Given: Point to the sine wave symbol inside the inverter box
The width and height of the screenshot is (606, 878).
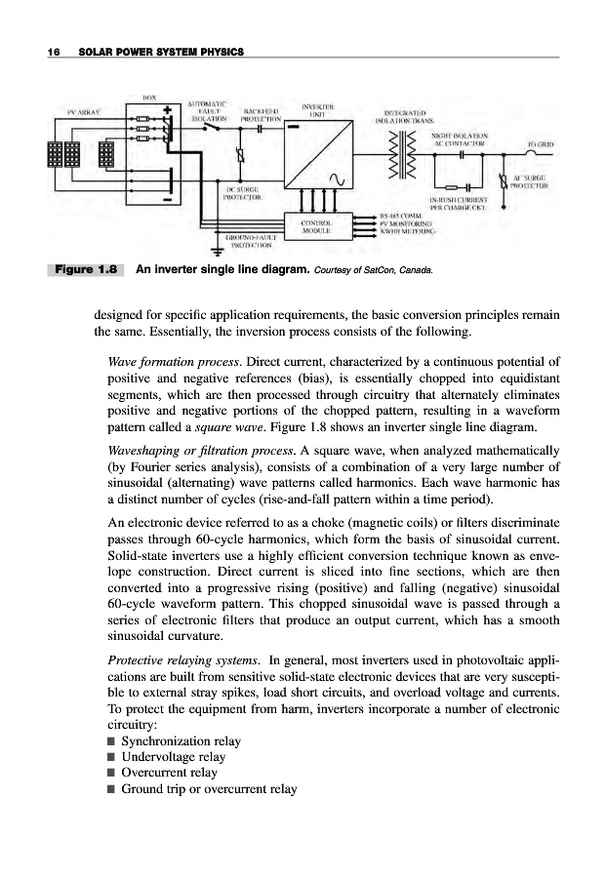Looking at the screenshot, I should (x=343, y=179).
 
